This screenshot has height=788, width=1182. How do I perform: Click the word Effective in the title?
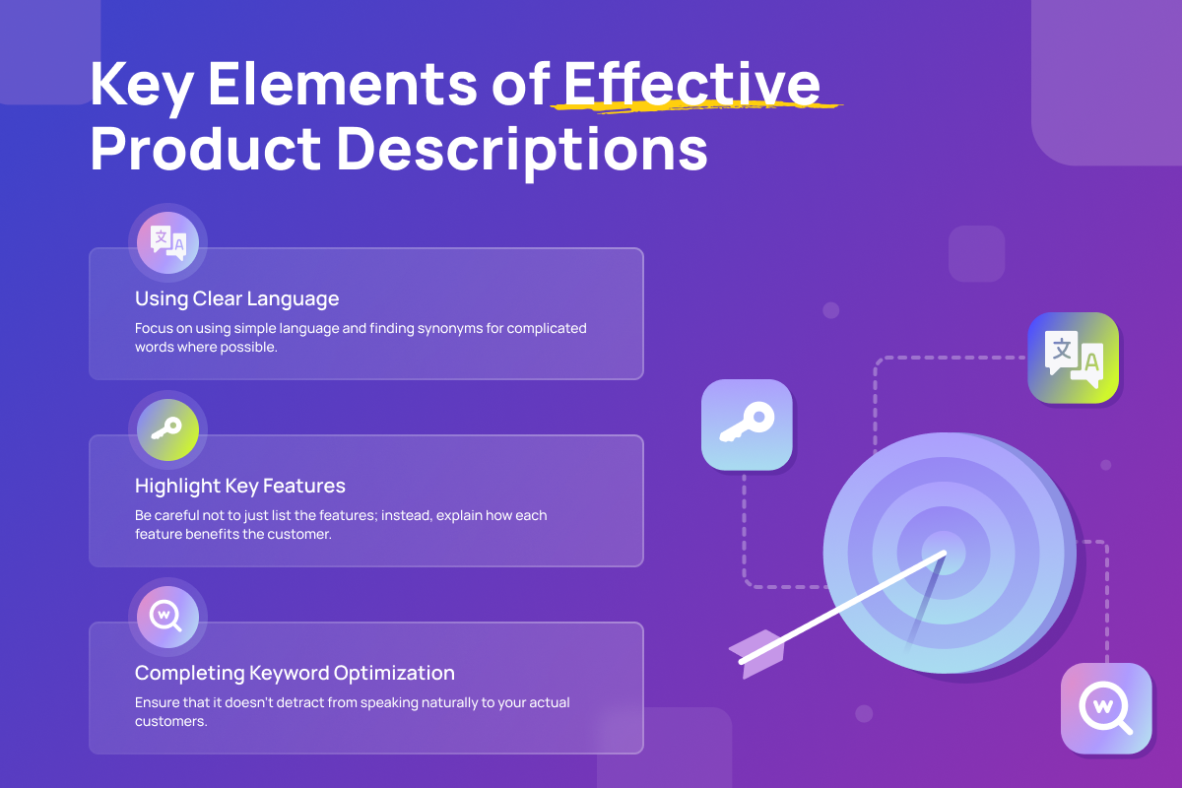pyautogui.click(x=691, y=84)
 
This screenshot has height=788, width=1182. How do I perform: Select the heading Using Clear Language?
pyautogui.click(x=237, y=298)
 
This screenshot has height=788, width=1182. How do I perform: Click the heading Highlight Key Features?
pyautogui.click(x=240, y=486)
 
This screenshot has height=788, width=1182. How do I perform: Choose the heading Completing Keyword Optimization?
pyautogui.click(x=295, y=673)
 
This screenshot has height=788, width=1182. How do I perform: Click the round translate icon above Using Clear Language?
pyautogui.click(x=167, y=242)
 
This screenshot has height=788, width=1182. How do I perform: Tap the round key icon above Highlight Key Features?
pyautogui.click(x=167, y=429)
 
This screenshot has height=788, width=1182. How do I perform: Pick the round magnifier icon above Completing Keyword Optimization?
pyautogui.click(x=167, y=617)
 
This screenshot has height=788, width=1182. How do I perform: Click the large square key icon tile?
pyautogui.click(x=747, y=425)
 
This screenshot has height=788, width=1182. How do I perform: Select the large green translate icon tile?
pyautogui.click(x=1074, y=358)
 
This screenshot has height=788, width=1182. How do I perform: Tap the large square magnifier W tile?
pyautogui.click(x=1106, y=708)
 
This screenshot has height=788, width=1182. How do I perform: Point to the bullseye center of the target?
pyautogui.click(x=944, y=554)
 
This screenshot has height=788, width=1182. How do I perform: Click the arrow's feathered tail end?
pyautogui.click(x=755, y=654)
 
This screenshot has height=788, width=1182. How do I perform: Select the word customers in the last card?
pyautogui.click(x=171, y=721)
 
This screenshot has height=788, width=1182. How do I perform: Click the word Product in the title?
pyautogui.click(x=206, y=149)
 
